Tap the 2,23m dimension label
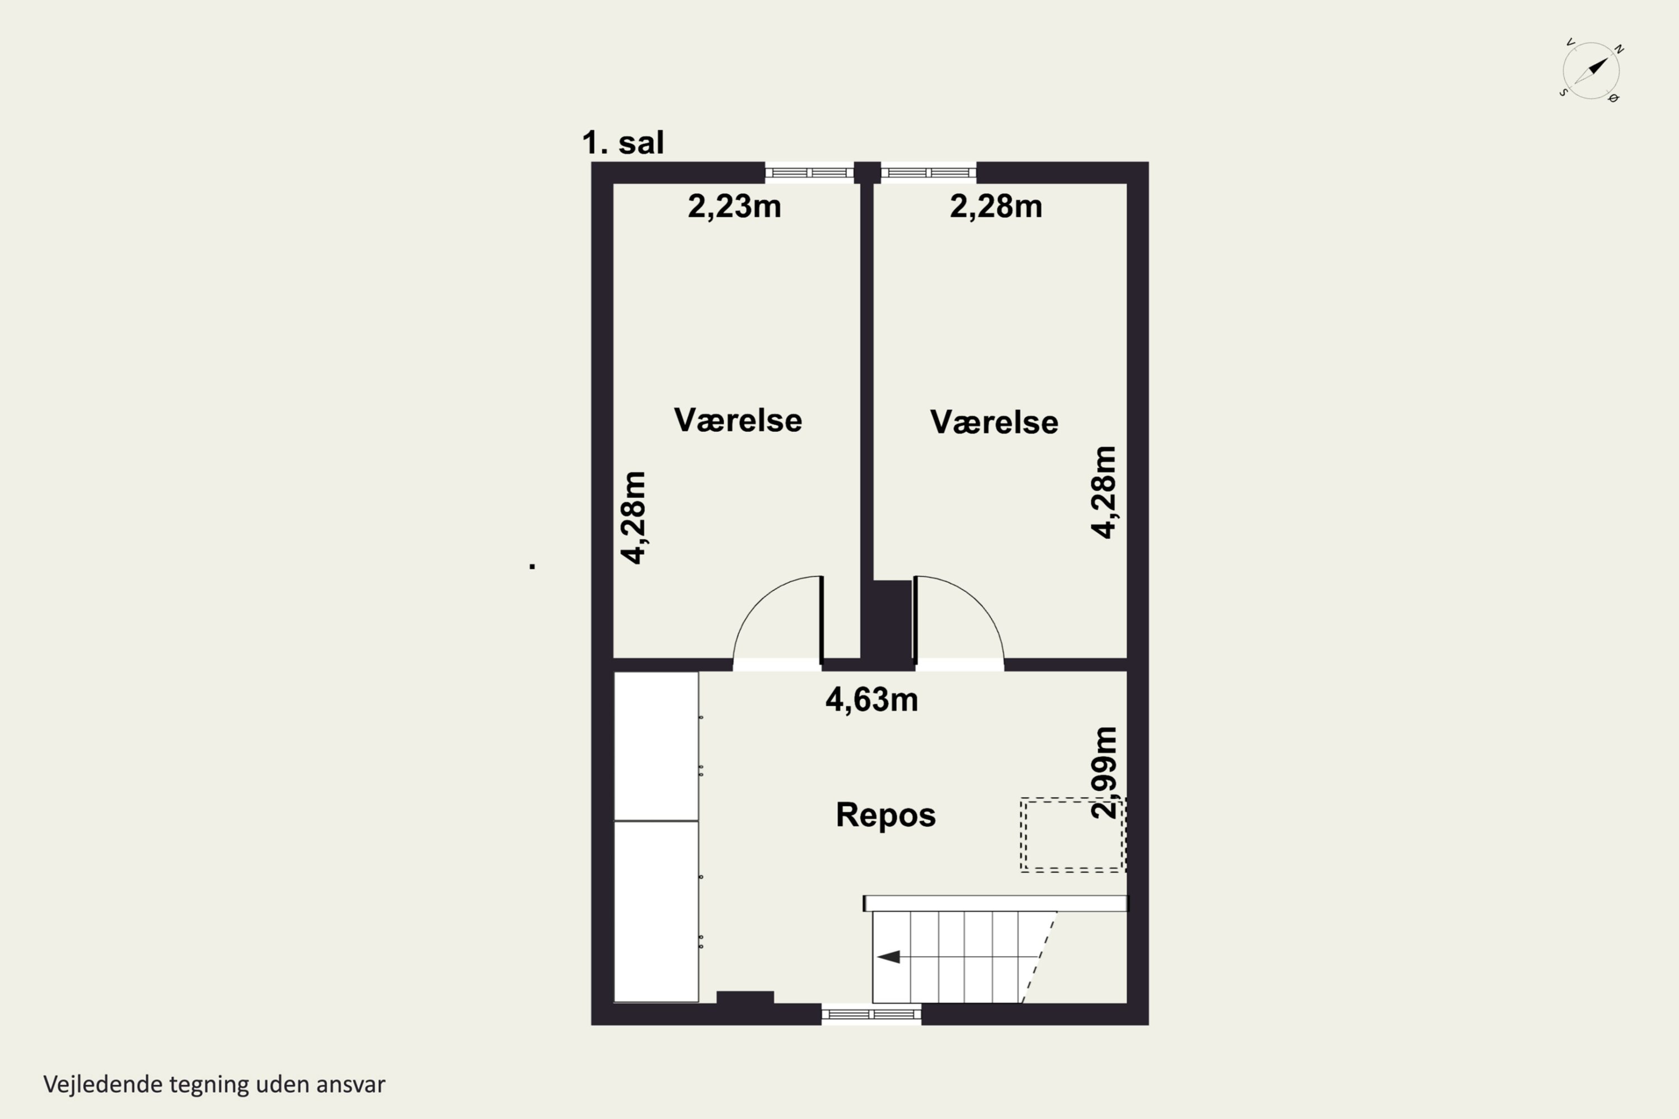click(734, 206)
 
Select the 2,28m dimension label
click(996, 206)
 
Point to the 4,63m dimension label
click(871, 699)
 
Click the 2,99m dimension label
click(1104, 772)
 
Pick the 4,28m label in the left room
click(633, 518)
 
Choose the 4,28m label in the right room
click(1104, 492)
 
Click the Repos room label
click(885, 815)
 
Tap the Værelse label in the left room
click(738, 420)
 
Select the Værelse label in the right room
click(994, 422)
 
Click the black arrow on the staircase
click(889, 957)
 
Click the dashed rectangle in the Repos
click(1073, 835)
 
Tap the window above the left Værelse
click(809, 173)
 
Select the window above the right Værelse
click(928, 173)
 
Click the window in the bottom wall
click(871, 1014)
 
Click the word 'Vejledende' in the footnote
click(102, 1084)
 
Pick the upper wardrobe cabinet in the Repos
click(656, 746)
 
